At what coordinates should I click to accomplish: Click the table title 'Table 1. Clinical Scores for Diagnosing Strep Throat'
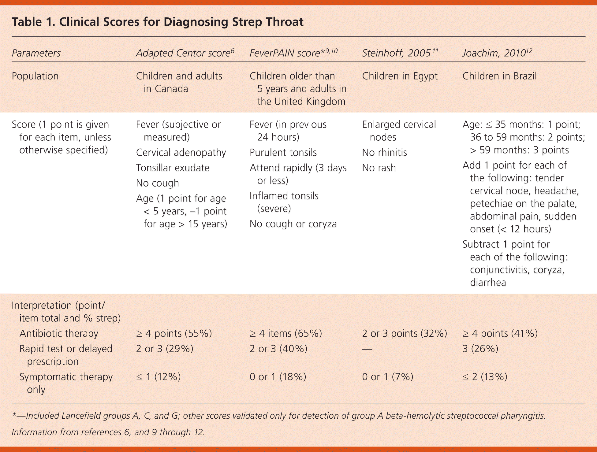click(x=158, y=22)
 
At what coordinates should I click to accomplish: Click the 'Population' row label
click(x=35, y=76)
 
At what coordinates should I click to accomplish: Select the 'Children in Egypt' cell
click(x=400, y=76)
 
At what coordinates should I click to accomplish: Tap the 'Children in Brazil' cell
click(x=499, y=76)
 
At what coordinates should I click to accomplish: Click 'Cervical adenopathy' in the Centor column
click(x=181, y=153)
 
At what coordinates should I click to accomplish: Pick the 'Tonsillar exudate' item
click(x=173, y=168)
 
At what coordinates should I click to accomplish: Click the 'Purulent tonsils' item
click(x=283, y=153)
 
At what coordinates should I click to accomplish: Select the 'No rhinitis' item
click(x=384, y=153)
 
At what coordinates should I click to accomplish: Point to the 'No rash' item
click(x=379, y=168)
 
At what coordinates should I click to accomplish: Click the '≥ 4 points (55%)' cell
click(x=174, y=333)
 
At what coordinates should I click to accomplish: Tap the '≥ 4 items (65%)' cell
click(x=285, y=333)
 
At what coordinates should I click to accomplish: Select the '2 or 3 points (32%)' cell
click(x=404, y=333)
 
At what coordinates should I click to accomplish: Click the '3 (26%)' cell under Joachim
click(x=480, y=349)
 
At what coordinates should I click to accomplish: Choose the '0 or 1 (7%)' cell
click(x=387, y=377)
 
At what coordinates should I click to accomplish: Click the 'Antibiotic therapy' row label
click(x=59, y=333)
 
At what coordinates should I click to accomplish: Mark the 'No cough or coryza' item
click(x=293, y=224)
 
